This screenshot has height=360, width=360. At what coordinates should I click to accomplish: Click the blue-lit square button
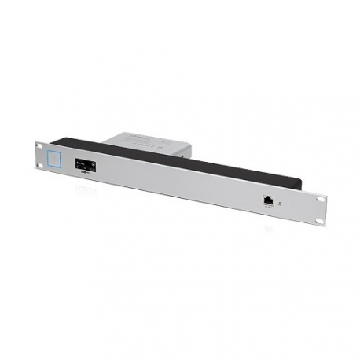[54, 157]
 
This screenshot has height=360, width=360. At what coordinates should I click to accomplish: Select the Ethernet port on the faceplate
[269, 200]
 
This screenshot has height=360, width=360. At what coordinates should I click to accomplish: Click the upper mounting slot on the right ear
[318, 202]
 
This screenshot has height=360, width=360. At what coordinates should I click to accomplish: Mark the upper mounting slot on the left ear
[39, 148]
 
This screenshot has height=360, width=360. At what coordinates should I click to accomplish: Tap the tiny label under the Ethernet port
[269, 208]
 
